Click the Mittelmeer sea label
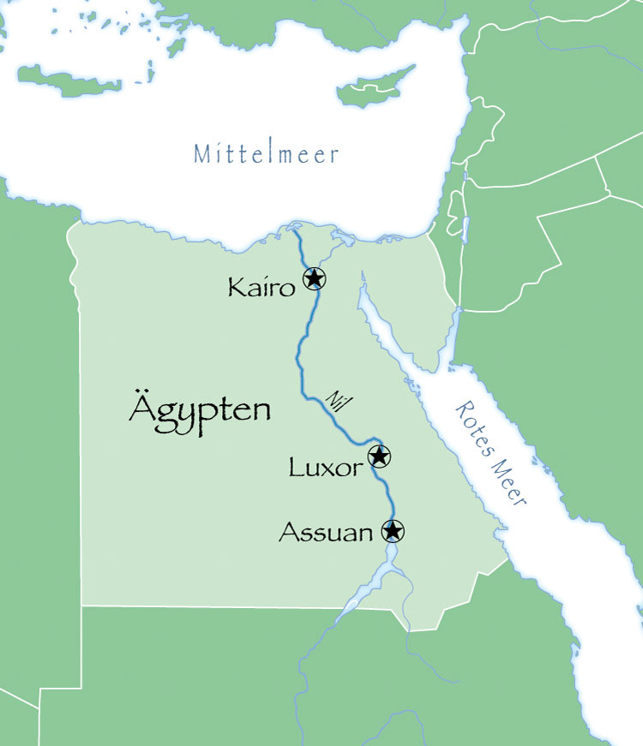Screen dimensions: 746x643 coord(266,154)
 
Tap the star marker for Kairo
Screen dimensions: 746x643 coord(315,278)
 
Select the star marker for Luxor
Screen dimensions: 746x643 coord(379,456)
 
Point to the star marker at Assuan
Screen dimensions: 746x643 coord(393,531)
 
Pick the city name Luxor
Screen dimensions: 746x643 coord(325,468)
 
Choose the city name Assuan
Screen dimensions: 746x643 coord(326,534)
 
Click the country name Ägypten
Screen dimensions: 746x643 coord(199,409)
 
